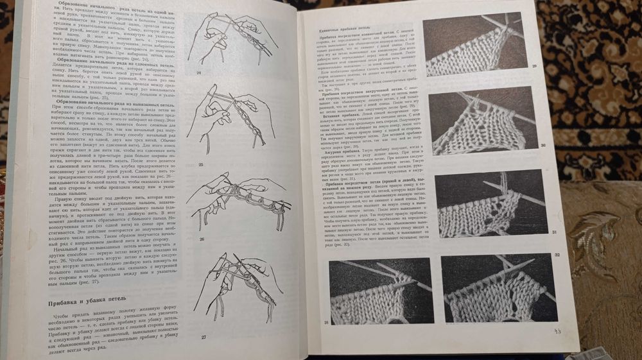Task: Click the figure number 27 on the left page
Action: [202, 337]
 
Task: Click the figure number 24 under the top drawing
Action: [199, 74]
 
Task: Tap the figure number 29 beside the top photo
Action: [534, 66]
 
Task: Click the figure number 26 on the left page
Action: [200, 239]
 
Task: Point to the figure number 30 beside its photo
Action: [543, 146]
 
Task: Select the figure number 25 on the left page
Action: [200, 166]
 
